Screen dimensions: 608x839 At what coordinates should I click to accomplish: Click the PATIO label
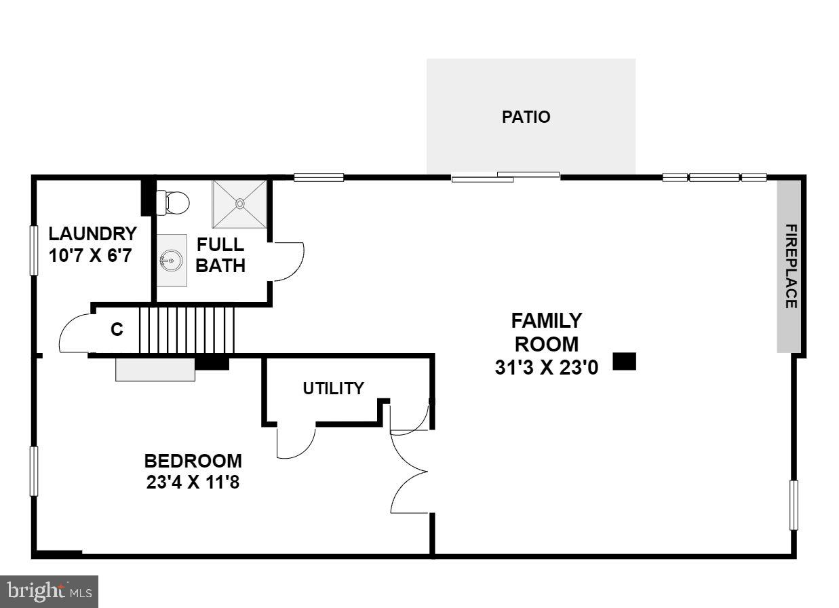click(x=526, y=117)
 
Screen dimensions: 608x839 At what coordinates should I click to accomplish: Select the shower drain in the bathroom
click(x=239, y=203)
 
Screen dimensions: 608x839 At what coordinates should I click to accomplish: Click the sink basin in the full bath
click(x=172, y=260)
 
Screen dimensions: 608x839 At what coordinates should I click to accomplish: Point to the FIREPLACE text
click(x=790, y=266)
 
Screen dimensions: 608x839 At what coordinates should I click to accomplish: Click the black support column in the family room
click(x=624, y=361)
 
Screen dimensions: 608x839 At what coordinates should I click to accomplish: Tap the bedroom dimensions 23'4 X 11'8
click(x=193, y=484)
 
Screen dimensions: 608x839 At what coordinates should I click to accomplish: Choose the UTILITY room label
click(x=333, y=388)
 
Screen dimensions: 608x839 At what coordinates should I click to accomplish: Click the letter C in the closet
click(x=117, y=330)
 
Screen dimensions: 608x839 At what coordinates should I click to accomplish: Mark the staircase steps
click(x=187, y=330)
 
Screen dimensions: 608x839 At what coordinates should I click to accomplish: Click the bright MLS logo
click(x=49, y=592)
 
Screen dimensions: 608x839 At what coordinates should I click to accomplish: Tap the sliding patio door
click(x=505, y=177)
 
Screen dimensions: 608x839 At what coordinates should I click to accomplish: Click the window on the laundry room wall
click(x=34, y=250)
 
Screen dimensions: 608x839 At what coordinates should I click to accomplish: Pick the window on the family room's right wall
click(x=794, y=505)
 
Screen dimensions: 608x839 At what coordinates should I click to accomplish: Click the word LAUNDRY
click(x=92, y=234)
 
